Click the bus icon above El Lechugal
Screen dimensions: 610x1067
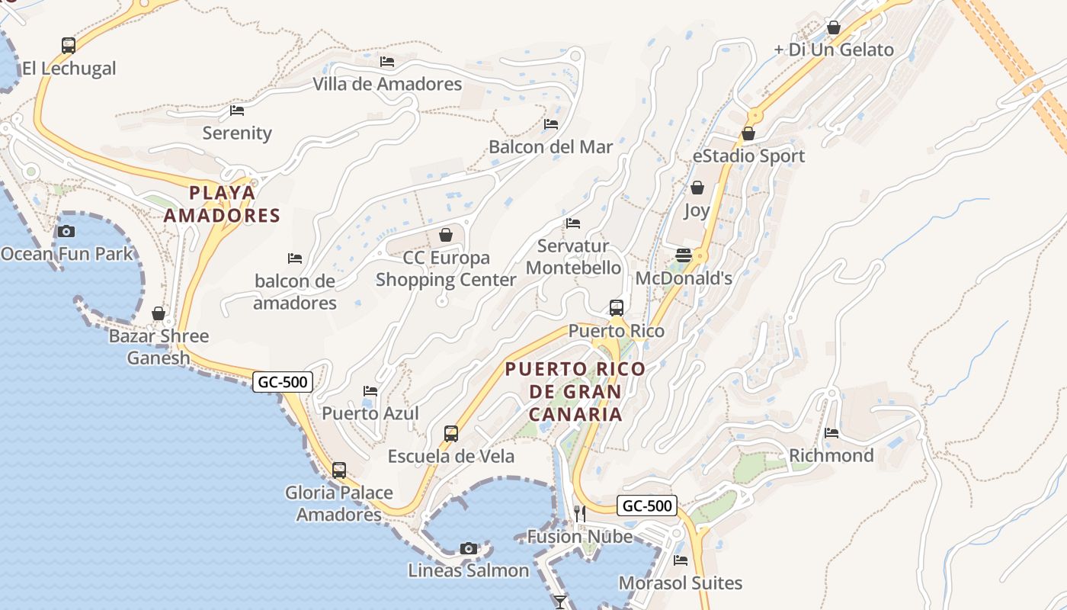69,46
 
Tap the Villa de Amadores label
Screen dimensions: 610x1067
387,84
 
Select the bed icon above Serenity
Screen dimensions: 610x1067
237,111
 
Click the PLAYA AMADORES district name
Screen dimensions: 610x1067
222,204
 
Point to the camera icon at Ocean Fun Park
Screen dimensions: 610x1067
66,231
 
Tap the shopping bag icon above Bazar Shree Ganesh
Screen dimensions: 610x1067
159,313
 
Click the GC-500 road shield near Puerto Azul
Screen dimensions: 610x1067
283,382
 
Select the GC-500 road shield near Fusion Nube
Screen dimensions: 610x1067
646,506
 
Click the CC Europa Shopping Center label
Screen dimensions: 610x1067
446,268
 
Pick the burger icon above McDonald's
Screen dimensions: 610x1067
684,255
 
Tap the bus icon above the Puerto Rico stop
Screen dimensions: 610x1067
617,308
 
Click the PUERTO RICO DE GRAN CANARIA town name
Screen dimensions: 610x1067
575,392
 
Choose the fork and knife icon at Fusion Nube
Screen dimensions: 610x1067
580,514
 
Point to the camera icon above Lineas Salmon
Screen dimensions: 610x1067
469,548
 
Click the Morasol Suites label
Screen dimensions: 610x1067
680,583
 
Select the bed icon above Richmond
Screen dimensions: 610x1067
831,433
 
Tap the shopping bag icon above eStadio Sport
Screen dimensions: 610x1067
748,133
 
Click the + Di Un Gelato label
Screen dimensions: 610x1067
833,50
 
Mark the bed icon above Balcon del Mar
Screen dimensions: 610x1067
551,124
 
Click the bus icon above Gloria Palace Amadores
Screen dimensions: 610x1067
339,470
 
